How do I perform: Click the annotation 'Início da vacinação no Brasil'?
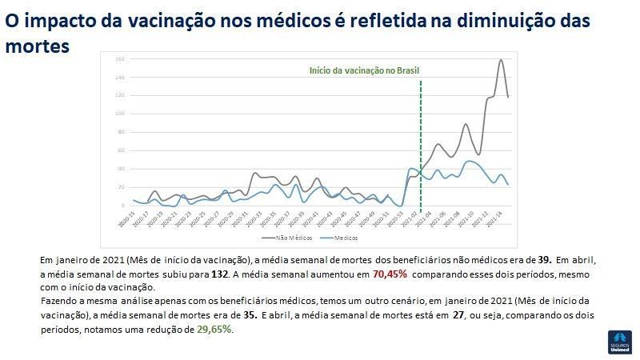click(x=365, y=71)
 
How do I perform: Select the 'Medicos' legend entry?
click(x=343, y=238)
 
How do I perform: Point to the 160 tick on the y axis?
click(x=118, y=59)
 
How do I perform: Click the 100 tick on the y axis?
click(x=118, y=114)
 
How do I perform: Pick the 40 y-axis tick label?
click(x=119, y=169)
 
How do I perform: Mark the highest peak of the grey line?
click(x=502, y=60)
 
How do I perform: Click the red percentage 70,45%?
click(x=390, y=274)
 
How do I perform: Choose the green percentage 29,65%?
click(x=214, y=329)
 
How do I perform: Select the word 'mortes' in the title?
click(x=37, y=46)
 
